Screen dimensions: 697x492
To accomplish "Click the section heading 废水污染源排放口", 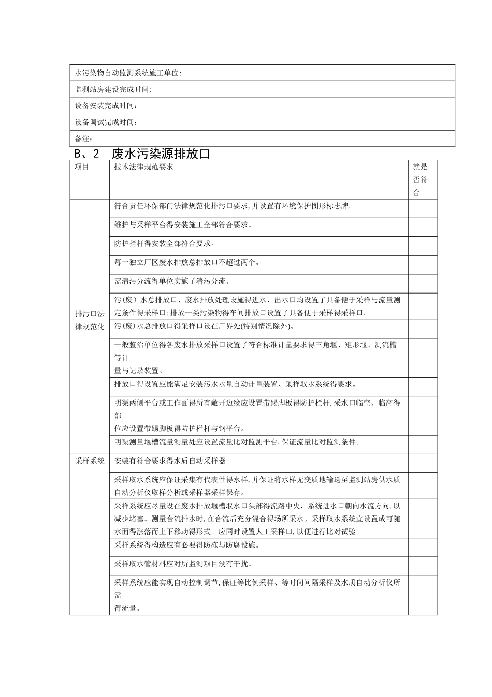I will [161, 154].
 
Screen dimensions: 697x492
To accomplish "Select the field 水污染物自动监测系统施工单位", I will [128, 73].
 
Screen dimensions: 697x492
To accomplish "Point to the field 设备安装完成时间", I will [106, 106].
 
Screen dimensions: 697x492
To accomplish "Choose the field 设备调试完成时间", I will [106, 122].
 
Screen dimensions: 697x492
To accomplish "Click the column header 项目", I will [82, 167].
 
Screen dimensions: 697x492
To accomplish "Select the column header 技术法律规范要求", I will [144, 167].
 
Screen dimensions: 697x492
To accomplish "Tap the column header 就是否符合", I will [420, 180].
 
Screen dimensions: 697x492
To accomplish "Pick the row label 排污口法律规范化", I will [90, 320].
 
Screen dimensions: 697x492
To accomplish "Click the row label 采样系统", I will [90, 461].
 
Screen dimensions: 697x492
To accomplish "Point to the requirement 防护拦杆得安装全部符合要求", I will [164, 243].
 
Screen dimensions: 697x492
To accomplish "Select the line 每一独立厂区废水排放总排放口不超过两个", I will [187, 262].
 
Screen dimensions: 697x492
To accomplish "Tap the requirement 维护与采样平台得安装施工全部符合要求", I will [183, 225].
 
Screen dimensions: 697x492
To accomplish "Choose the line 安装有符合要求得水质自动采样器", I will [170, 461].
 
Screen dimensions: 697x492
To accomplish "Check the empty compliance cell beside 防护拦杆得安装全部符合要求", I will [422, 246].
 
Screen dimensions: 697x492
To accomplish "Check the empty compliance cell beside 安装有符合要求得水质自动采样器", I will [422, 463].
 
